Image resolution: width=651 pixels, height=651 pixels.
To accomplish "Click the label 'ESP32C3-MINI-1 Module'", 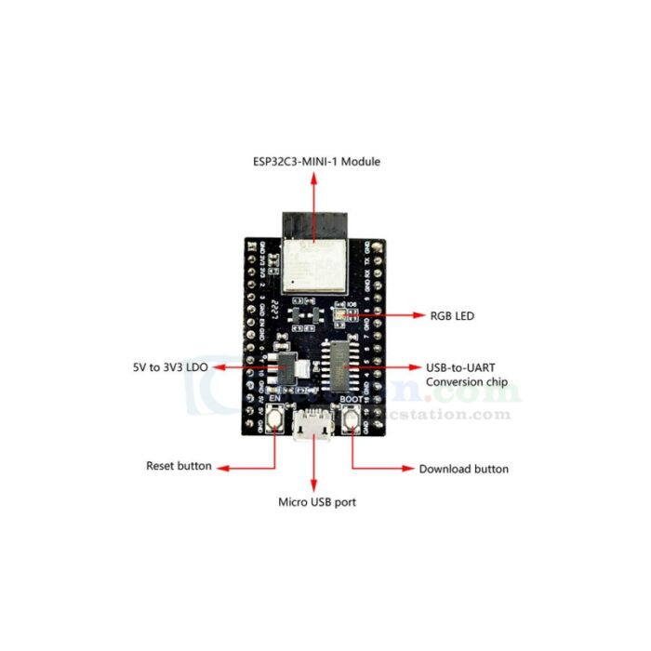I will [317, 162].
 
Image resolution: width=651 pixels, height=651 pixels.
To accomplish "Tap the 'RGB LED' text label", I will [451, 316].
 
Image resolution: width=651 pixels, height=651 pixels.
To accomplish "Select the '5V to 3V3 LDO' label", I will [171, 368].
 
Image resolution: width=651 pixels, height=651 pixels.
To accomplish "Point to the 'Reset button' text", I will [179, 465].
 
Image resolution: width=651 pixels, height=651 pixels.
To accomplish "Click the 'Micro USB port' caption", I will [317, 502].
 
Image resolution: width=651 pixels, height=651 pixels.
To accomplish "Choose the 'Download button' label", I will [463, 469].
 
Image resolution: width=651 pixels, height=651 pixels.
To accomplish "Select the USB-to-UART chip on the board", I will [340, 366].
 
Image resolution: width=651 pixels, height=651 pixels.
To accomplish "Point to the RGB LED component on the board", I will [339, 314].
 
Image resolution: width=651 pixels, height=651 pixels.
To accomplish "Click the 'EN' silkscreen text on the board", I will [275, 400].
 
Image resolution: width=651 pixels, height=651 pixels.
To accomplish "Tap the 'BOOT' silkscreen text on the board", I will [352, 400].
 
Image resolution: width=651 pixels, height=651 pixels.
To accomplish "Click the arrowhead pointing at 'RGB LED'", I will [417, 316].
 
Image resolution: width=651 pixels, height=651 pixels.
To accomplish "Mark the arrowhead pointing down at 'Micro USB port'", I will [313, 486].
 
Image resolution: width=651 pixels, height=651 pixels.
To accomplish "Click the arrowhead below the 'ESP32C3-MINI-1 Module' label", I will [313, 177].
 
